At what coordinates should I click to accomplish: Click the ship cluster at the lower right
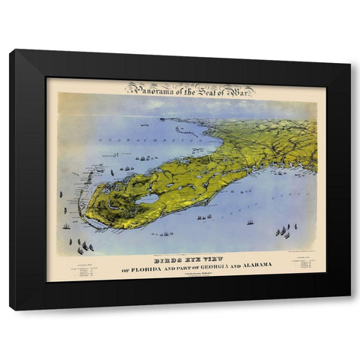[283, 232]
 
